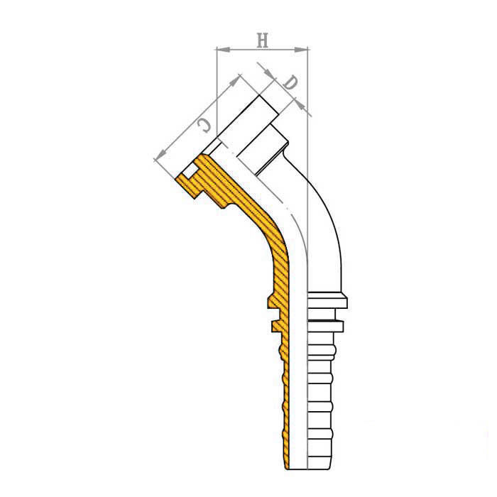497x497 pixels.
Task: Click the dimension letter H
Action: [x=263, y=40]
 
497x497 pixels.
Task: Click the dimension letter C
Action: [x=204, y=126]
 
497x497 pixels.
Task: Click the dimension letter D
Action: [x=290, y=83]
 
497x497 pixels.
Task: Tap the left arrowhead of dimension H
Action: [x=222, y=49]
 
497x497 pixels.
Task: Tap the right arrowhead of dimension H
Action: [x=301, y=50]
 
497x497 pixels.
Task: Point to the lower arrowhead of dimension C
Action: [x=160, y=155]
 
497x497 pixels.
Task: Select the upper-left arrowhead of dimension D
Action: [x=269, y=73]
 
